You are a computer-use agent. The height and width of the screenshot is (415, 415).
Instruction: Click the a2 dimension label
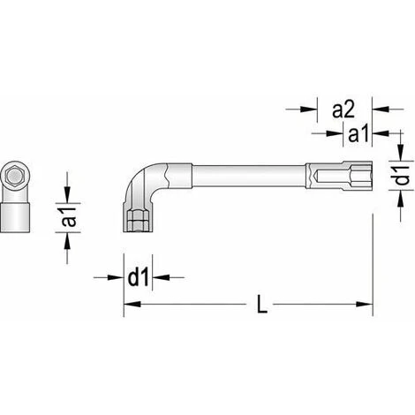[x=343, y=110]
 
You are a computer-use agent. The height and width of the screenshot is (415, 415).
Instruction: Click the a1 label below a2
[x=358, y=135]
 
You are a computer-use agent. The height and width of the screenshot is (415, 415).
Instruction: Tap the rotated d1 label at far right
[x=401, y=176]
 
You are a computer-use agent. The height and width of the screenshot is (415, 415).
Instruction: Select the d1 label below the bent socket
[x=138, y=277]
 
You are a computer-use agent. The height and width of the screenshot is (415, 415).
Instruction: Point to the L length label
[x=262, y=304]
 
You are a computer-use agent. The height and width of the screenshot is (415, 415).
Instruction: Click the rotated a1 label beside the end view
[x=69, y=217]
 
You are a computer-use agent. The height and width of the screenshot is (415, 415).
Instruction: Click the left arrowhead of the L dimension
[x=132, y=305]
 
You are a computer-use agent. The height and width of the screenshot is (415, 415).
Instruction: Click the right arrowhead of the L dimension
[x=365, y=305]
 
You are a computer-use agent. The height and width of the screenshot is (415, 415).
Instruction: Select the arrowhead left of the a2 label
[x=308, y=109]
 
